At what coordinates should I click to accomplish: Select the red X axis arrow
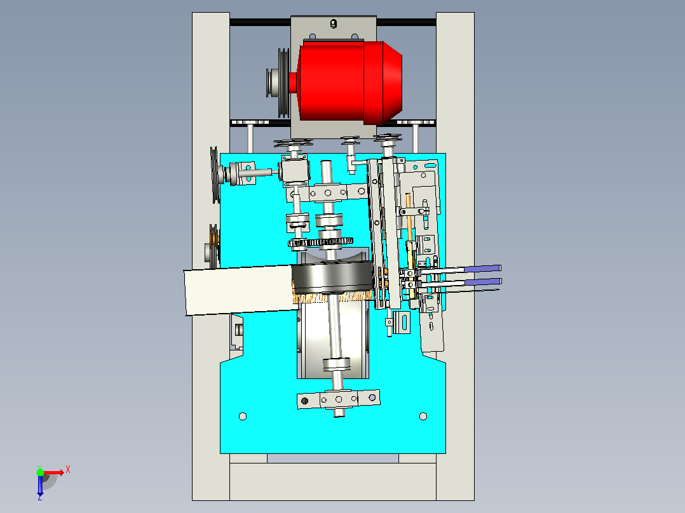pos(55,472)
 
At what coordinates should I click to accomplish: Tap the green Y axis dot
pos(40,472)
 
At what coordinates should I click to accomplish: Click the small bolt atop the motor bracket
pos(334,23)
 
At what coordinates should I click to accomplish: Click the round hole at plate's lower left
pos(243,416)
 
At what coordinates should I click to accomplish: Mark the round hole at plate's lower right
pos(423,416)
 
